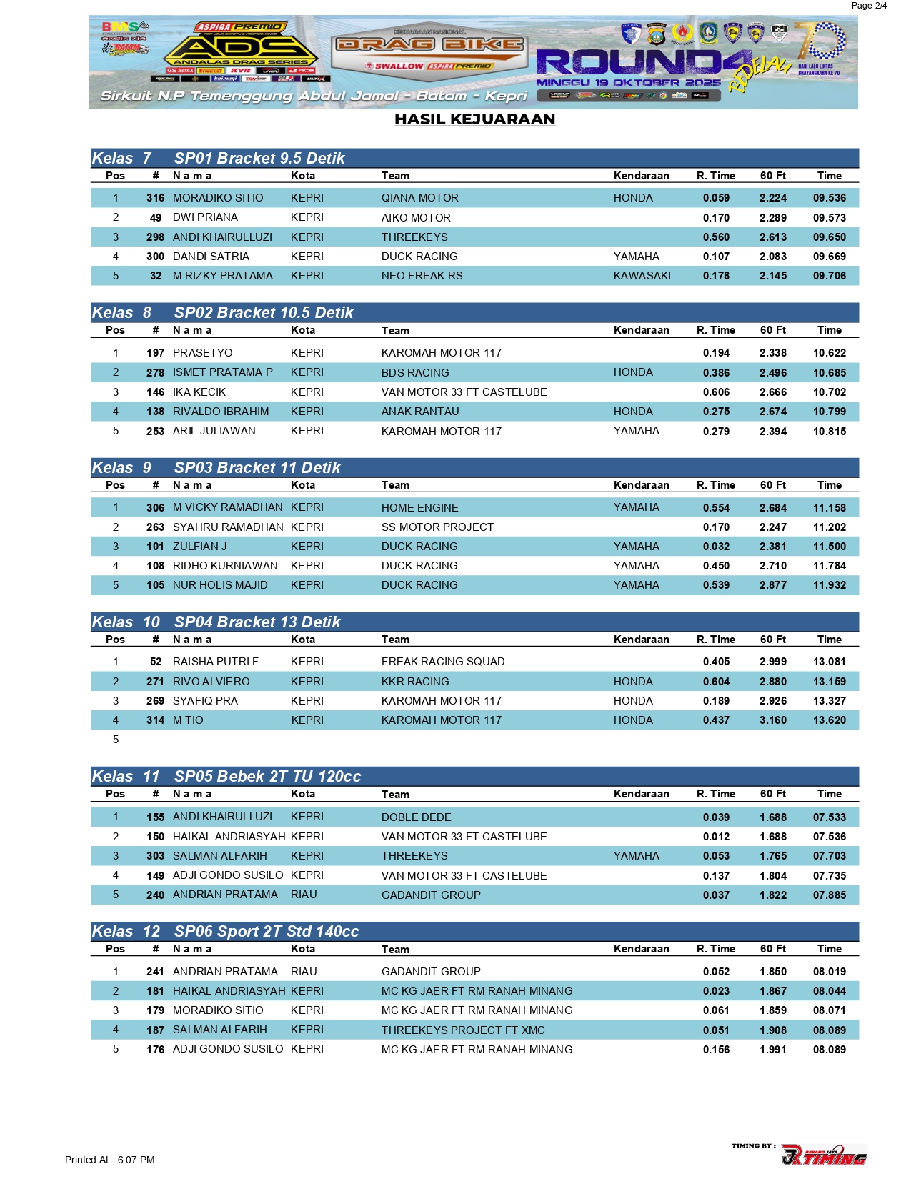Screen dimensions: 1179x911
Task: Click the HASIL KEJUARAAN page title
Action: [x=474, y=119]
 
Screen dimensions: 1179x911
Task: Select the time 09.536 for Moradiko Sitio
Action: [x=829, y=198]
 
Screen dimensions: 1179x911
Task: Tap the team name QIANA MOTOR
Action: [x=419, y=198]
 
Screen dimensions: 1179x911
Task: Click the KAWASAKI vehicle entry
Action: [x=642, y=276]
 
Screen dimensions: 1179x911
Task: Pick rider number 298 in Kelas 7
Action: [x=155, y=237]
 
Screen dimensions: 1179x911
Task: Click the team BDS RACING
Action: [x=415, y=373]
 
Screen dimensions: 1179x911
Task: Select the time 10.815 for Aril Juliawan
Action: [x=829, y=432]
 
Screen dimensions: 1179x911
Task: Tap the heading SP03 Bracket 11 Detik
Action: [x=257, y=468]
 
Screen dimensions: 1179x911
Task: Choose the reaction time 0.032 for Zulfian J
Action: [x=716, y=547]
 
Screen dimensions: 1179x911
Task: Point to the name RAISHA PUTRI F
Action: [x=216, y=662]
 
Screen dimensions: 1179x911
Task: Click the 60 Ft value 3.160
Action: [x=772, y=720]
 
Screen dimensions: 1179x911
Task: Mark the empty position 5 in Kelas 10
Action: [x=116, y=740]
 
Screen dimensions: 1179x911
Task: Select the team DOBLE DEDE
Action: [x=416, y=817]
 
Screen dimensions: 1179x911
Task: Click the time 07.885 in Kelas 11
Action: [x=829, y=895]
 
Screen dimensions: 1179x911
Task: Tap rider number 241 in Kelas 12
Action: [x=155, y=972]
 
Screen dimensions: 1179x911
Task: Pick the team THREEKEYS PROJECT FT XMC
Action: [x=463, y=1030]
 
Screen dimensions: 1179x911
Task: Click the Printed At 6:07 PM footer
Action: [x=110, y=1160]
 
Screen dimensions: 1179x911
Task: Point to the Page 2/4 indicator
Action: [x=869, y=6]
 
